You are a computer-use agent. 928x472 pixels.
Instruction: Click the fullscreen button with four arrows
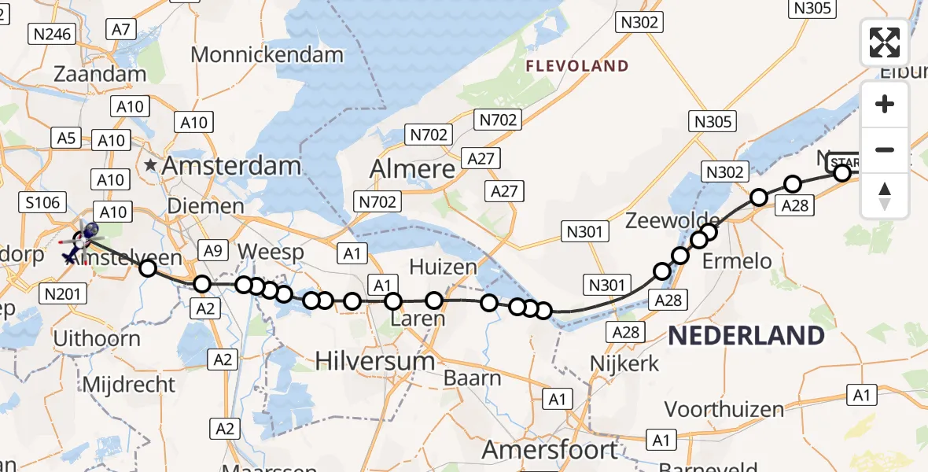click(885, 42)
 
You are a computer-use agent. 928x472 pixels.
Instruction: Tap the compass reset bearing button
click(885, 196)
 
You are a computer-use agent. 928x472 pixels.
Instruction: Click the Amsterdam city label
click(234, 166)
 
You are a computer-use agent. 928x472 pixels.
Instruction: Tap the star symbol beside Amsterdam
click(151, 166)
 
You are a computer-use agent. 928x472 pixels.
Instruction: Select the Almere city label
click(413, 169)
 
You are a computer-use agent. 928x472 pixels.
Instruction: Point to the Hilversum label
click(375, 361)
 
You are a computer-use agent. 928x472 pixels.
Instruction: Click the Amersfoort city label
click(550, 450)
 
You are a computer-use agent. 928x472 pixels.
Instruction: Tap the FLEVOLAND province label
click(578, 66)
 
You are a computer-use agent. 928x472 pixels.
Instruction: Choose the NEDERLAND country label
click(746, 336)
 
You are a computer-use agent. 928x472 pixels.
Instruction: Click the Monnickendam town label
click(267, 55)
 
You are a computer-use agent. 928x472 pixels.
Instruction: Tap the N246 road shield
click(51, 34)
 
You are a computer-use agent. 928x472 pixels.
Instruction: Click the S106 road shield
click(42, 203)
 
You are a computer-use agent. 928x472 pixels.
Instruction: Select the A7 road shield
click(120, 29)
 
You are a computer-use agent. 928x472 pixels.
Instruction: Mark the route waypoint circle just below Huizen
click(434, 300)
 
